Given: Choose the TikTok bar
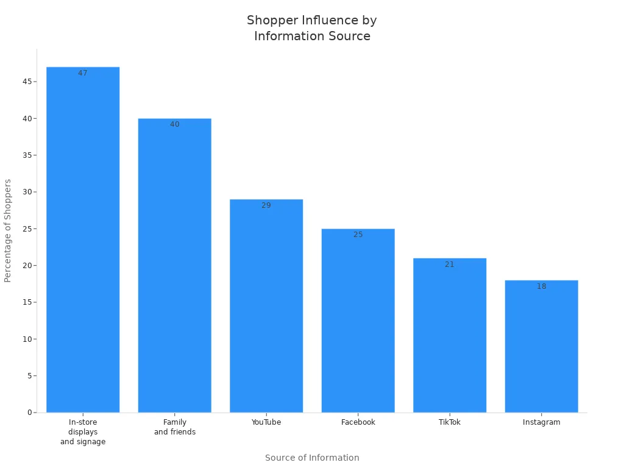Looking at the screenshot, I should pyautogui.click(x=450, y=335).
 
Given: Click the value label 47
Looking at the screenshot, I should pyautogui.click(x=83, y=73).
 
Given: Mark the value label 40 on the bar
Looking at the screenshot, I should pyautogui.click(x=175, y=124).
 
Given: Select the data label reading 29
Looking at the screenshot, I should pyautogui.click(x=266, y=205).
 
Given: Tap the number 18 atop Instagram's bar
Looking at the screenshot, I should pyautogui.click(x=541, y=286).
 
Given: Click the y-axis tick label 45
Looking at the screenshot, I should pyautogui.click(x=27, y=82).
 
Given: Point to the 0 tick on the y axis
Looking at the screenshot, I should pyautogui.click(x=29, y=413).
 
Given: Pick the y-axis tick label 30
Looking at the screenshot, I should pyautogui.click(x=27, y=192).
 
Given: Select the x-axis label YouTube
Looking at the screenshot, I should pyautogui.click(x=266, y=422).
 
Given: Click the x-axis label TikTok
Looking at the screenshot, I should pyautogui.click(x=450, y=422).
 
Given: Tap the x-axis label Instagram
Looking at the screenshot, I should pyautogui.click(x=541, y=422).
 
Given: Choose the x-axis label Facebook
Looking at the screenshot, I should pyautogui.click(x=358, y=422).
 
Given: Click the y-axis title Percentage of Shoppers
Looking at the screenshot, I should pyautogui.click(x=8, y=230).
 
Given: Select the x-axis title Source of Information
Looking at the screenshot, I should pyautogui.click(x=312, y=458).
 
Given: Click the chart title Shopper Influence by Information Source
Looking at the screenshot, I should pyautogui.click(x=312, y=28).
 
